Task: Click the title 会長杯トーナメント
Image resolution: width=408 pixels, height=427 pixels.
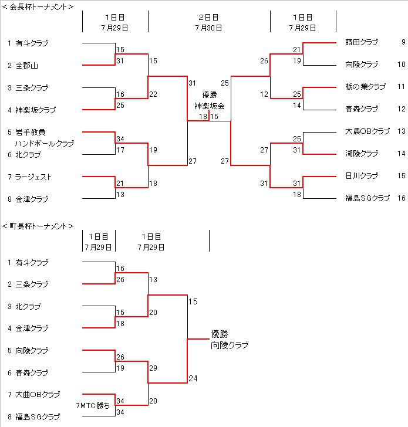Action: click(38, 7)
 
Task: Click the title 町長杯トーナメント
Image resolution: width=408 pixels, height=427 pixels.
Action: click(38, 226)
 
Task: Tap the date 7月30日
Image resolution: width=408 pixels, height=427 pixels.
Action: click(209, 27)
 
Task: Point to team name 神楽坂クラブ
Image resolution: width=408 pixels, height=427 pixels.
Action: click(36, 110)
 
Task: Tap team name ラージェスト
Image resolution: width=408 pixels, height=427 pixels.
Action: click(34, 177)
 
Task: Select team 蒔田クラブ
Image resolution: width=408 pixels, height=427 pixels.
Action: click(362, 42)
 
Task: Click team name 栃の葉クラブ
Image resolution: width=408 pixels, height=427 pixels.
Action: click(366, 87)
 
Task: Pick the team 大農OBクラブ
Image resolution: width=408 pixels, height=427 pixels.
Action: click(367, 131)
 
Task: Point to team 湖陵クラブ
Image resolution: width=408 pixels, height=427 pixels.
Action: click(362, 154)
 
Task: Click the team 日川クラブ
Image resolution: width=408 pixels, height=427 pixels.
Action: click(362, 176)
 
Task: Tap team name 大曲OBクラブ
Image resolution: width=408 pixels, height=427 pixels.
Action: click(38, 394)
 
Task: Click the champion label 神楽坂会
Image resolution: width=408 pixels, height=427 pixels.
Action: click(210, 106)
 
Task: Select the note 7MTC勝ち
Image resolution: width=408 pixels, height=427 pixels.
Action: click(93, 405)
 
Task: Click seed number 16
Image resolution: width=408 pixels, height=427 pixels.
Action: click(402, 198)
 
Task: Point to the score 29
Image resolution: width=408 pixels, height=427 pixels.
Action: click(153, 368)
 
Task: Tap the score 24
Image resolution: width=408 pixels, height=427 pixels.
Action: click(193, 378)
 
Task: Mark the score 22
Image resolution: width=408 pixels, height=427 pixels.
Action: click(153, 94)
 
